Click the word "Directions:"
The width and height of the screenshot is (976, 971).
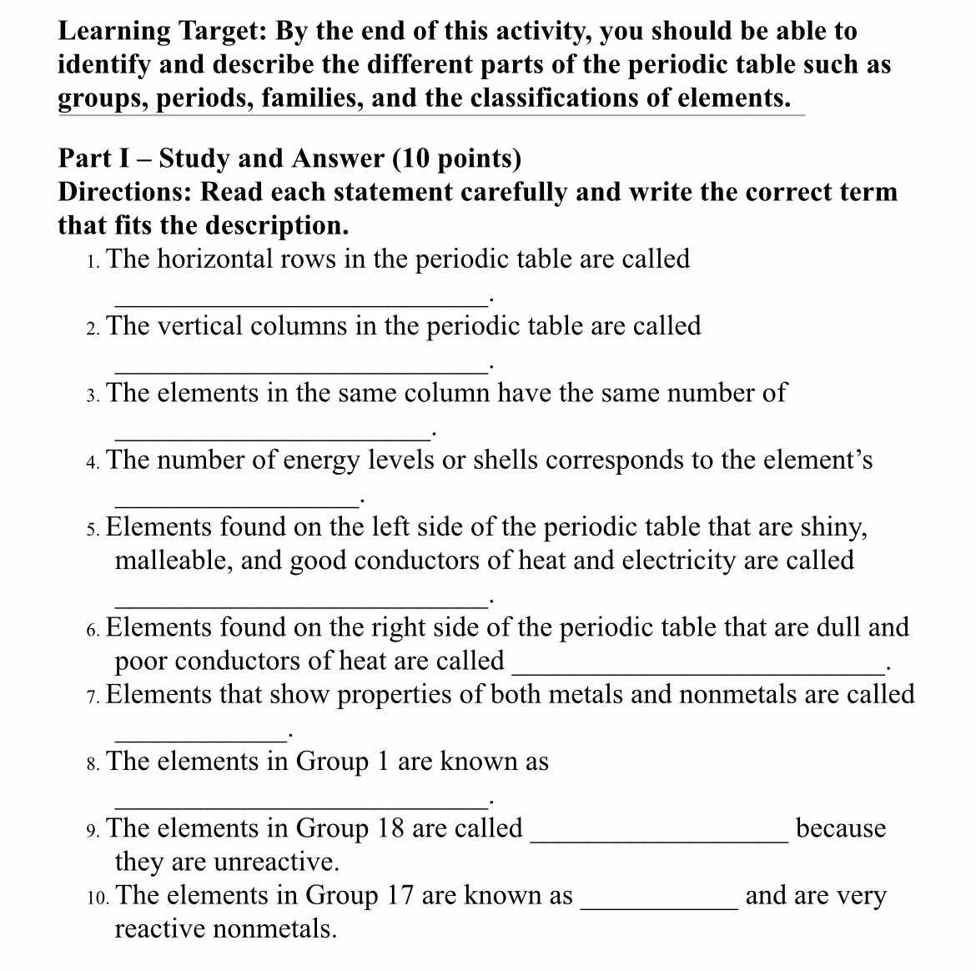tap(126, 192)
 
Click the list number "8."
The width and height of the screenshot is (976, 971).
tap(93, 763)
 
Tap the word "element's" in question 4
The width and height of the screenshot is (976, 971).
tap(812, 460)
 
